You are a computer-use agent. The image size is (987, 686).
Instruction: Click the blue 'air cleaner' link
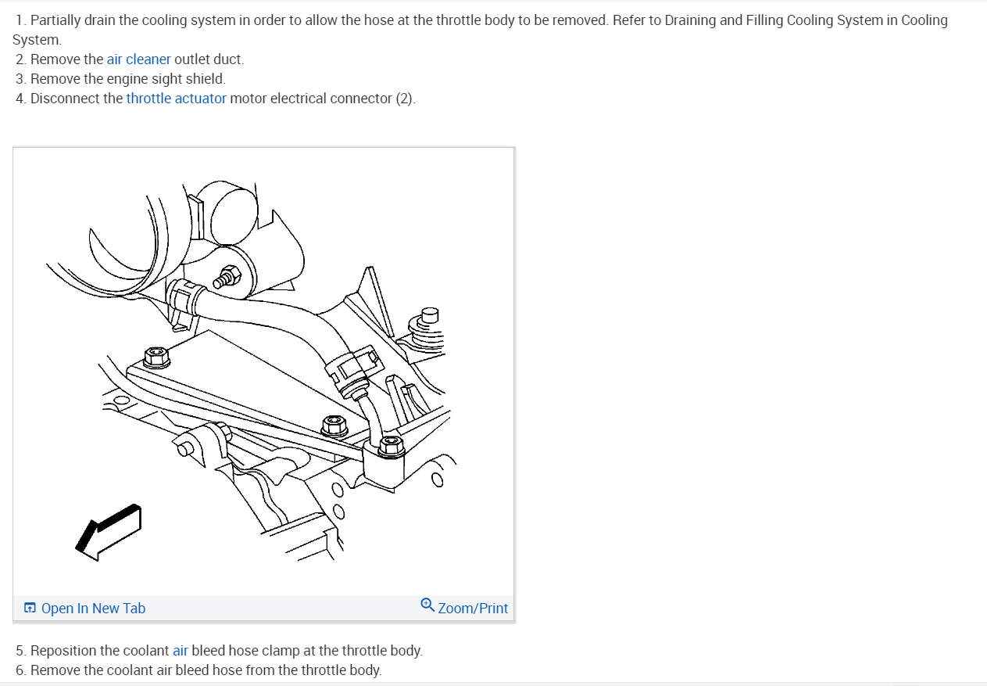pyautogui.click(x=138, y=59)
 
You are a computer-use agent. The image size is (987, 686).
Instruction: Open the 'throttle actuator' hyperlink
pyautogui.click(x=176, y=99)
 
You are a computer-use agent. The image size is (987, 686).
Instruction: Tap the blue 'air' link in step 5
pyautogui.click(x=181, y=651)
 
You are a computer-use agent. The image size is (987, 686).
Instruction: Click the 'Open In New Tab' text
pyautogui.click(x=93, y=609)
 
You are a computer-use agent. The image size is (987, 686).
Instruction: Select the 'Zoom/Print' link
pyautogui.click(x=473, y=609)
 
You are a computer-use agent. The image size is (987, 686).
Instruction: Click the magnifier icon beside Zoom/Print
pyautogui.click(x=427, y=605)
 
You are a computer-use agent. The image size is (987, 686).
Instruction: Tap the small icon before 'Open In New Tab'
pyautogui.click(x=30, y=609)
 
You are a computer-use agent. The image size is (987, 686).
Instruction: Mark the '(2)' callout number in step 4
pyautogui.click(x=404, y=99)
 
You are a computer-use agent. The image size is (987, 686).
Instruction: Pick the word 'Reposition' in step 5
pyautogui.click(x=65, y=651)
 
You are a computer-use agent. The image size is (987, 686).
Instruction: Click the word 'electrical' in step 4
pyautogui.click(x=302, y=99)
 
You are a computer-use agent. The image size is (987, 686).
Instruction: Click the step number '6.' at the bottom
pyautogui.click(x=21, y=670)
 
